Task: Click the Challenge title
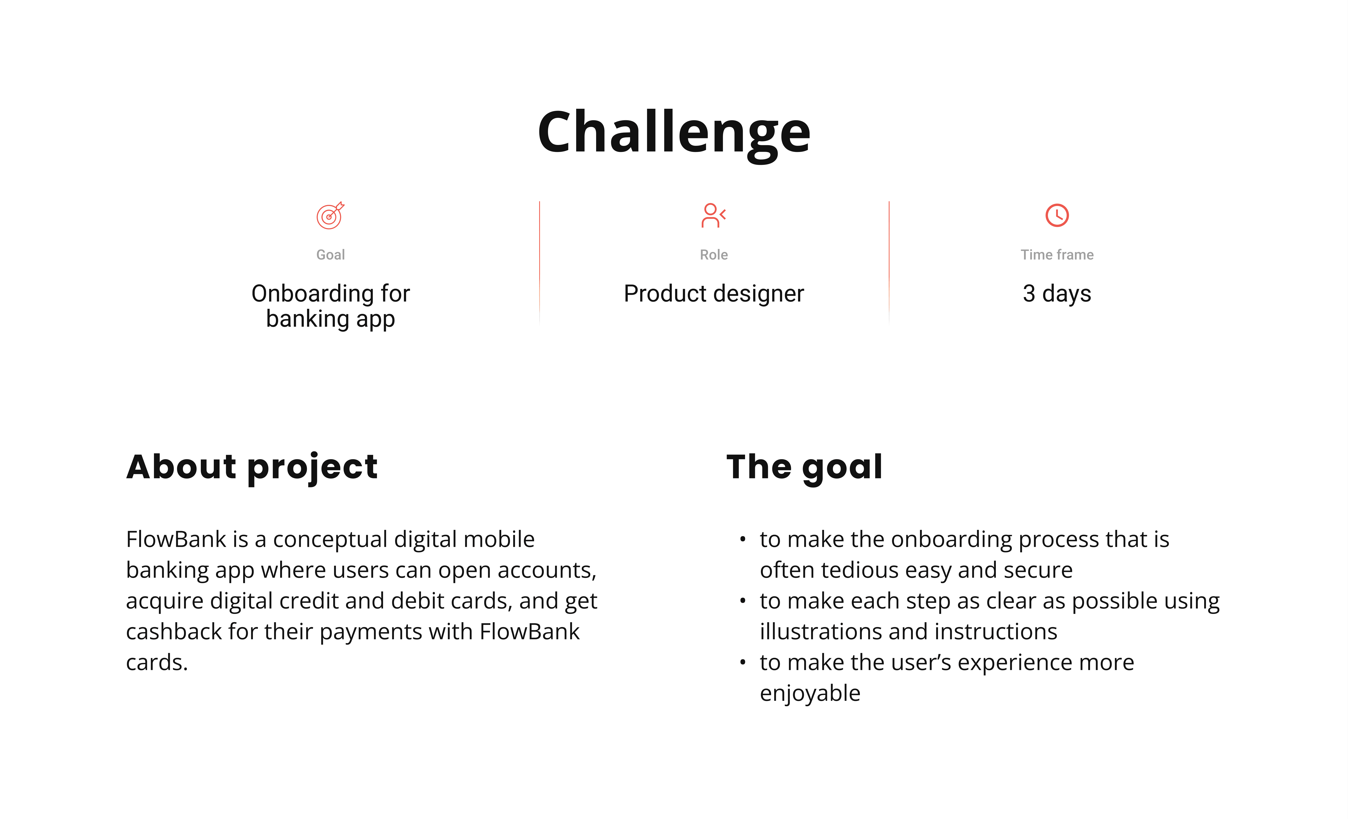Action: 674,133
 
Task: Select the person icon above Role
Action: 713,215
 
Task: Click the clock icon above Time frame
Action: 1057,215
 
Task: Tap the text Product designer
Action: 714,294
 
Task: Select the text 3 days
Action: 1057,294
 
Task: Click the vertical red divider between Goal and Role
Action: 539,262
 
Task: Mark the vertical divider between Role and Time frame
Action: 889,262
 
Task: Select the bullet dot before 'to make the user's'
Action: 742,663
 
